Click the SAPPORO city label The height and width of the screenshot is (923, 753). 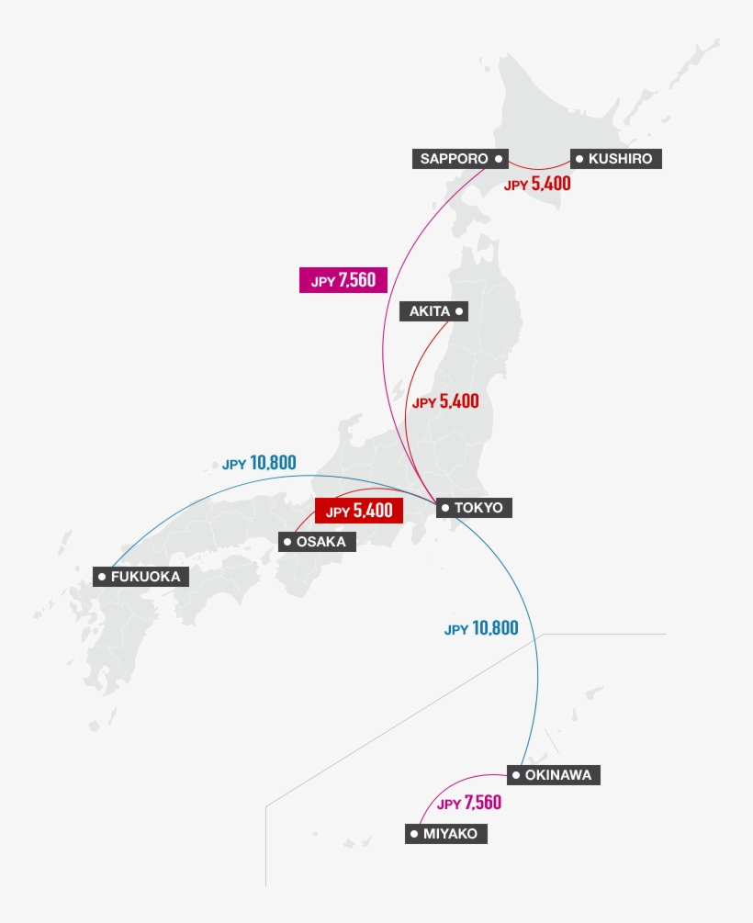point(460,159)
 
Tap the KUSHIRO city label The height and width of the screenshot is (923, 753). point(615,159)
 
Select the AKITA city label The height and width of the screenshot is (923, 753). point(433,311)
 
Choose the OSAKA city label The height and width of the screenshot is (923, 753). point(317,542)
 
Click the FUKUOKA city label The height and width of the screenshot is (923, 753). point(141,577)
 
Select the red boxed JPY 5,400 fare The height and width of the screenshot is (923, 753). point(359,511)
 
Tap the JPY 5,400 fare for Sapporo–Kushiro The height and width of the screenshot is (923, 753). point(537,184)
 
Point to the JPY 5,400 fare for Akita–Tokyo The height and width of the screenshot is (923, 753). point(445,401)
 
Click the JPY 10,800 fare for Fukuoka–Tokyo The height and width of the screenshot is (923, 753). point(259,463)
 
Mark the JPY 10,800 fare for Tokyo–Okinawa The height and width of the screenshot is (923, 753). point(481,629)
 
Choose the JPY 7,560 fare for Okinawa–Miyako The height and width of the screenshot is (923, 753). point(469,804)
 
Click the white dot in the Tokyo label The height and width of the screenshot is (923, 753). point(444,507)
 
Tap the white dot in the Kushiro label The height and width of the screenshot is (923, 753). point(579,159)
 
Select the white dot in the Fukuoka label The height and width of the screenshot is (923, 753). point(101,577)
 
